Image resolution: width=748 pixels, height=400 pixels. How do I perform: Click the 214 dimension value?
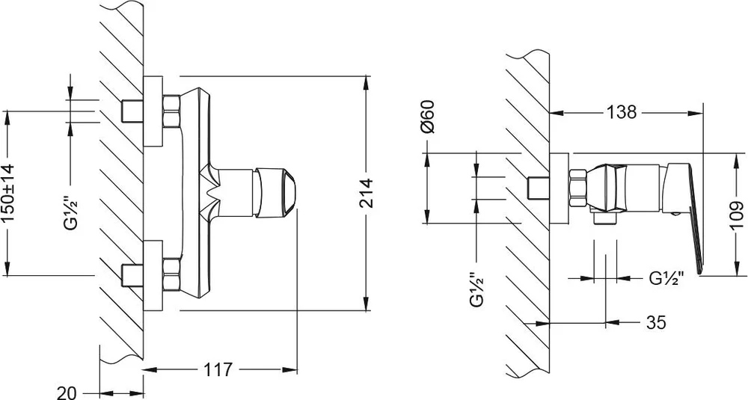(366, 193)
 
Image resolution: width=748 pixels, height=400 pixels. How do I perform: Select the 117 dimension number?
(218, 369)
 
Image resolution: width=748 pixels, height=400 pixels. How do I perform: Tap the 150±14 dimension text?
(8, 193)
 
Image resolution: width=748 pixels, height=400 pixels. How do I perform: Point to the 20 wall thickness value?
(67, 393)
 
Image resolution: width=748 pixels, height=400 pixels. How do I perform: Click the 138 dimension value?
(622, 112)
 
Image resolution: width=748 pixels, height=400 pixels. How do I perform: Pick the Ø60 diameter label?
(428, 117)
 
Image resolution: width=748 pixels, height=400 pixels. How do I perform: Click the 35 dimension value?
(656, 323)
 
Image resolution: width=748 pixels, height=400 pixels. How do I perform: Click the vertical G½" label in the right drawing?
(476, 289)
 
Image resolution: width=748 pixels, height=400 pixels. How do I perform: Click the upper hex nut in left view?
(171, 111)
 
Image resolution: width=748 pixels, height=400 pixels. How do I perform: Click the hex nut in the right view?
(577, 188)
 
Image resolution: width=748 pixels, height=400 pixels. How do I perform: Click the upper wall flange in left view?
(153, 111)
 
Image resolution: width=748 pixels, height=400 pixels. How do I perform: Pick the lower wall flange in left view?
(153, 276)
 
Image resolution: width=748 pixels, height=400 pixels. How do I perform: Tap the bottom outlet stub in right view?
(605, 218)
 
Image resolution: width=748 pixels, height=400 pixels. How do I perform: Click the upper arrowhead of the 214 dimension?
(366, 82)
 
